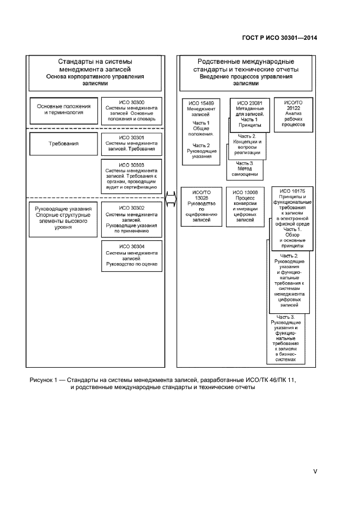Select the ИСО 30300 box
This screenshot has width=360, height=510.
(131, 110)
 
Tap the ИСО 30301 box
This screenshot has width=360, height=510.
(131, 143)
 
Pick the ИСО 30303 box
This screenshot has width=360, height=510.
(131, 175)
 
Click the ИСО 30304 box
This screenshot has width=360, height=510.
(131, 256)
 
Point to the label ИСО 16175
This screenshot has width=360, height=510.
(292, 191)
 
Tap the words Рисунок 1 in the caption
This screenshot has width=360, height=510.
(45, 379)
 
